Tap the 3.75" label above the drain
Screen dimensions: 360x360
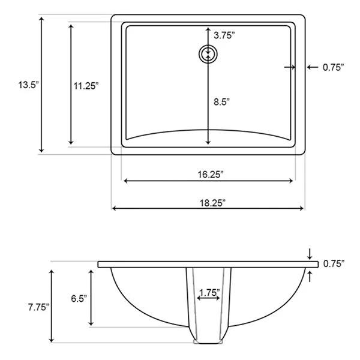(x=224, y=35)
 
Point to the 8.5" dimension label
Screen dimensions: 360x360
(x=221, y=102)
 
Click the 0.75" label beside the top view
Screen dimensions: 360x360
(x=333, y=67)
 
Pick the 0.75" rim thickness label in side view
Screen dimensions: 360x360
(x=334, y=263)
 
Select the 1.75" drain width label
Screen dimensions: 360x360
(x=209, y=293)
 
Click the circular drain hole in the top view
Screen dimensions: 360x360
(x=208, y=53)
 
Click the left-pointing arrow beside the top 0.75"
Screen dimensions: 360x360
(x=312, y=67)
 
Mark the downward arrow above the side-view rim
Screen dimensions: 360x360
(x=310, y=254)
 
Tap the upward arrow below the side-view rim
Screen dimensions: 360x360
(x=310, y=275)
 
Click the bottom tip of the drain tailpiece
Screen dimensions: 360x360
(x=208, y=345)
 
